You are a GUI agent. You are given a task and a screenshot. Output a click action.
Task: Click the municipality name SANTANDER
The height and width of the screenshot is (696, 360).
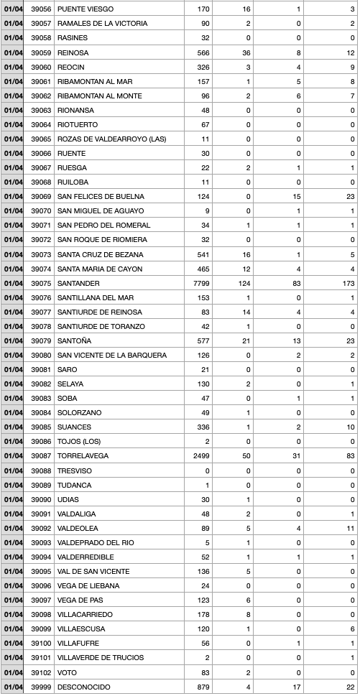click(x=78, y=283)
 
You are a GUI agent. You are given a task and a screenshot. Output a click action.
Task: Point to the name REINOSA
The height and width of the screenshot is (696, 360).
click(x=73, y=52)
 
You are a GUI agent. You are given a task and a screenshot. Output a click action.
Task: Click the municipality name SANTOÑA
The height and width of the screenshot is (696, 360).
click(x=74, y=340)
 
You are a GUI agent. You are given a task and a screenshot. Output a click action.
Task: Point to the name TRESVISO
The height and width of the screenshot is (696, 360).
click(x=75, y=470)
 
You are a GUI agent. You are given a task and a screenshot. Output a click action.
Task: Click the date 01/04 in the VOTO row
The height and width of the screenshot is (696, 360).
click(x=13, y=672)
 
